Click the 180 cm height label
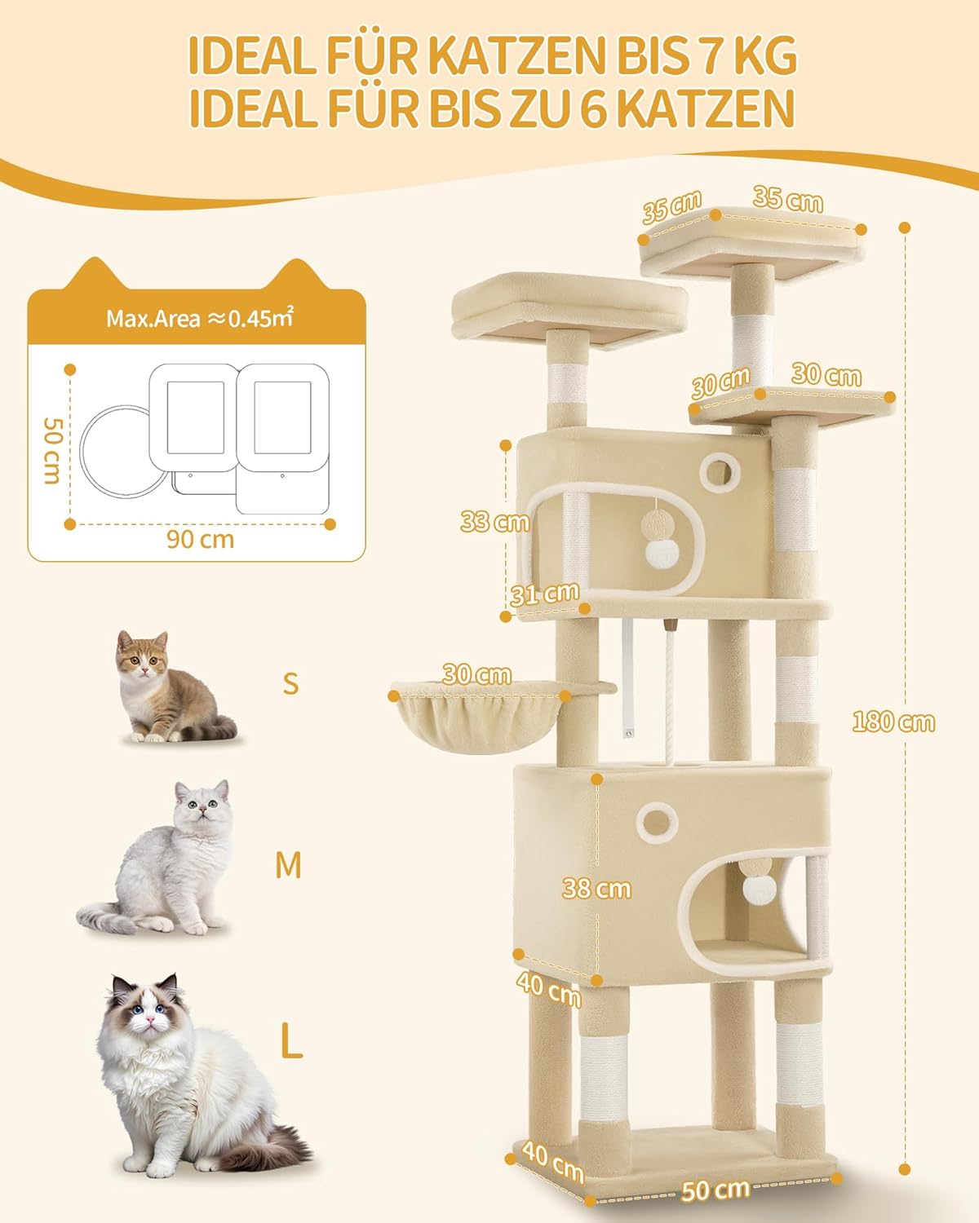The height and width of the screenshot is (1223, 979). pyautogui.click(x=893, y=722)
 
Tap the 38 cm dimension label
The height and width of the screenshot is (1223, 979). pyautogui.click(x=596, y=889)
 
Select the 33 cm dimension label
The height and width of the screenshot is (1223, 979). pyautogui.click(x=494, y=521)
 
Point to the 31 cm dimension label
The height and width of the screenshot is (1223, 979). pyautogui.click(x=544, y=594)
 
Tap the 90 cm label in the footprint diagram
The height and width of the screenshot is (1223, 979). pyautogui.click(x=200, y=539)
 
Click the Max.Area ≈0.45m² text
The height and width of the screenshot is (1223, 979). pyautogui.click(x=200, y=318)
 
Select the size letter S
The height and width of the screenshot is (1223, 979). pyautogui.click(x=290, y=683)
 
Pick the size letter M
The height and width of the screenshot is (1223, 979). pyautogui.click(x=289, y=865)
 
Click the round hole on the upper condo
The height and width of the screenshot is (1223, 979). pyautogui.click(x=720, y=472)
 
